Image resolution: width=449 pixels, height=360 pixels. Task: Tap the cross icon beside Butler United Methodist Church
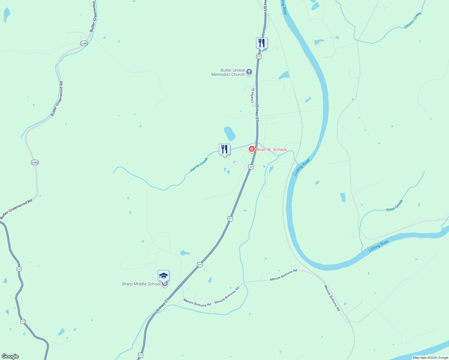(x=249, y=72)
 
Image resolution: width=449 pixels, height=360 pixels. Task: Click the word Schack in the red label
(x=279, y=149)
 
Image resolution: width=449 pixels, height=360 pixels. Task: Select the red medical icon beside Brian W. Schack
(x=252, y=149)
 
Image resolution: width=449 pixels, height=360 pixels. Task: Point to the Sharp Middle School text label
(x=141, y=284)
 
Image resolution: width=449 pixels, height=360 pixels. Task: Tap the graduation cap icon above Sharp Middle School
(x=164, y=276)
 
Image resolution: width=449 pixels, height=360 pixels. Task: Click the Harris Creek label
(x=199, y=165)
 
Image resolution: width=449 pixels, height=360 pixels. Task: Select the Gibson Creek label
(x=413, y=20)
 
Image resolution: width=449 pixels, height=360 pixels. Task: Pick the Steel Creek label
(x=395, y=206)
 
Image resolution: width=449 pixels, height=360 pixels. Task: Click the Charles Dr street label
(x=253, y=95)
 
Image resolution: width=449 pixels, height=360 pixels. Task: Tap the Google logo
(x=10, y=356)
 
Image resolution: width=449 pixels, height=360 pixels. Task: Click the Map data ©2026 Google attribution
(x=430, y=358)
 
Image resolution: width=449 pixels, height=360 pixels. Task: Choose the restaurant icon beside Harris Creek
(x=224, y=149)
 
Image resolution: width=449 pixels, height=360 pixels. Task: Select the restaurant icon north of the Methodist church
(x=262, y=43)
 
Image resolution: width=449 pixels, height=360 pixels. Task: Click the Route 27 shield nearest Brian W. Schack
(x=251, y=167)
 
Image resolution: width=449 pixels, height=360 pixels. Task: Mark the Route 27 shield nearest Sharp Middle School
(x=200, y=265)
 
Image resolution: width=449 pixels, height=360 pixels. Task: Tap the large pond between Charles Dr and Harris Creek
(x=230, y=134)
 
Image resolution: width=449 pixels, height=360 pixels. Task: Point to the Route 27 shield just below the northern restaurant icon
(x=259, y=56)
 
